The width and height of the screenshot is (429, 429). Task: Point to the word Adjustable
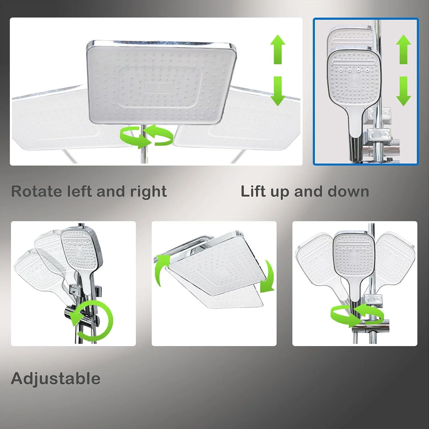[x=56, y=379]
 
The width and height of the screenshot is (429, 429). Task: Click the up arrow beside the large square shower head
[x=278, y=49]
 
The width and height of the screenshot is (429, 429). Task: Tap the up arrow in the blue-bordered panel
[x=404, y=49]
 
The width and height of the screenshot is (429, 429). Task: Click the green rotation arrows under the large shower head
[x=146, y=136]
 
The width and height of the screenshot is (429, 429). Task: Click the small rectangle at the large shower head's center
[x=159, y=88]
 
